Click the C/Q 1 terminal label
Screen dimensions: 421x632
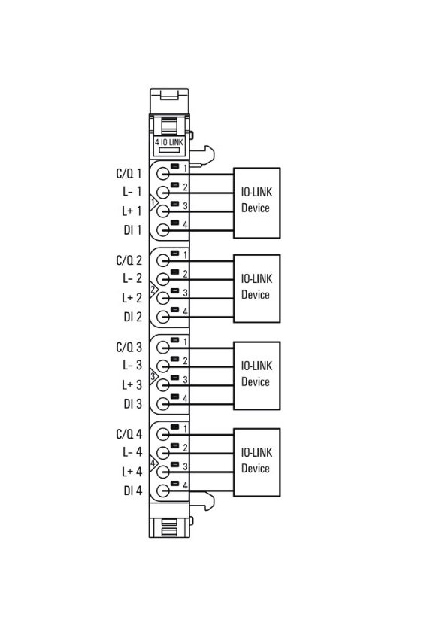(x=129, y=173)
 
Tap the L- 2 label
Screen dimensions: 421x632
(x=132, y=278)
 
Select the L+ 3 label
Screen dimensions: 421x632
(x=132, y=384)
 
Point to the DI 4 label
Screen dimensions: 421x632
(x=133, y=491)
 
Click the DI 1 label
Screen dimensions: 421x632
(x=132, y=230)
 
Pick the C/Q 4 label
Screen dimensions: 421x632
(x=129, y=433)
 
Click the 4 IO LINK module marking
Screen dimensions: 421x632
(x=169, y=142)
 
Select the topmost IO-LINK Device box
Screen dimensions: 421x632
(x=256, y=202)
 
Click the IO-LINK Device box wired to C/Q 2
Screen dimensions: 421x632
(x=256, y=288)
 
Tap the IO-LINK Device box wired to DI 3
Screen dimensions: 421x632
(x=256, y=375)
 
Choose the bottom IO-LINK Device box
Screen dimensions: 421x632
(x=256, y=462)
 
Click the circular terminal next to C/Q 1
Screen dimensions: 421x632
(x=162, y=174)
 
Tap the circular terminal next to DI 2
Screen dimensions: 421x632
(x=162, y=317)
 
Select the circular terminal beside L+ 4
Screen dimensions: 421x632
(x=162, y=472)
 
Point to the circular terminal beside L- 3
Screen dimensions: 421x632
(x=162, y=366)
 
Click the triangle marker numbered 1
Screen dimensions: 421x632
(x=153, y=202)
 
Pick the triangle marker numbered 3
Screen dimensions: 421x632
(x=153, y=377)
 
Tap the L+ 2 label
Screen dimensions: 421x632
(x=132, y=298)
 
